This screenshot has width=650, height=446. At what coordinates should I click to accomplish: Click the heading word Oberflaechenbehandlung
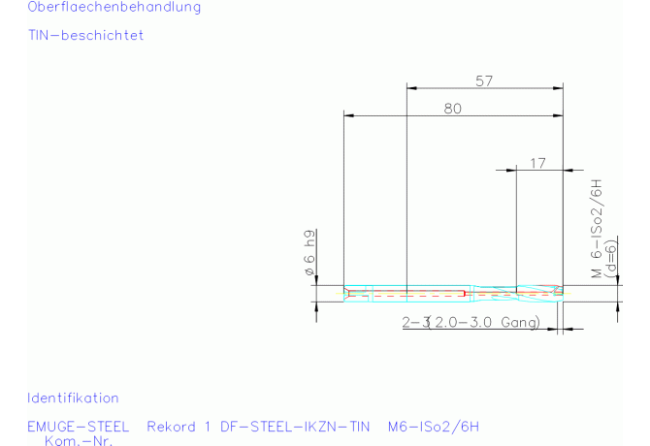114,7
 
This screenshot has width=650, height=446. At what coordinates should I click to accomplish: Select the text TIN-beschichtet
85,35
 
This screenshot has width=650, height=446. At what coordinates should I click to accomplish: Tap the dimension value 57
484,81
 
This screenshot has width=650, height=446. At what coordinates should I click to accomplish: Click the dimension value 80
453,109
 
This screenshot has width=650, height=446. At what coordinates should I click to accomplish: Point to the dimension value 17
538,163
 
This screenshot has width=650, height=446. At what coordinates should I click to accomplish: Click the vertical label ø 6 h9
309,252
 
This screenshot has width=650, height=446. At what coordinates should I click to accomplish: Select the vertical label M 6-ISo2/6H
596,228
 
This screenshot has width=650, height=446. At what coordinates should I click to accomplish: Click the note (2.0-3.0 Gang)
484,322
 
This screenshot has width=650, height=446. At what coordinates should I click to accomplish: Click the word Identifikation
73,398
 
